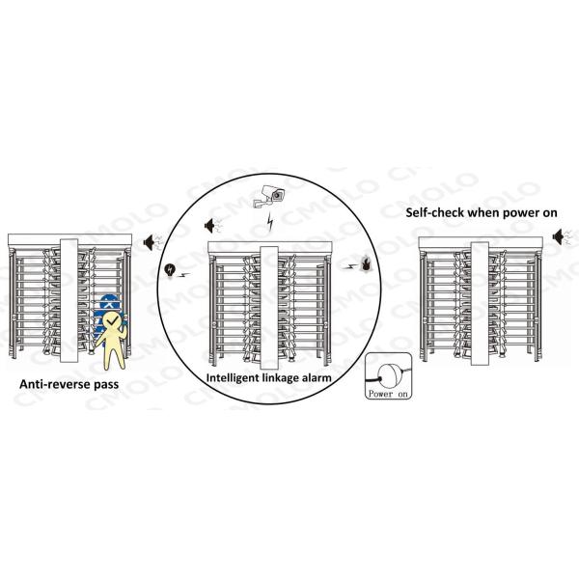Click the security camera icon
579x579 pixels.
point(270,195)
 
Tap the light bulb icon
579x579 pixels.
point(171,270)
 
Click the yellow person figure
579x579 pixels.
point(115,338)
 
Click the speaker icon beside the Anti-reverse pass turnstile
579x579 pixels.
point(152,242)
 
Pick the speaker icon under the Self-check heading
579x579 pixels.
point(563,236)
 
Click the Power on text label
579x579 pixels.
point(389,394)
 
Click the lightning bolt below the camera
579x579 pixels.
point(269,225)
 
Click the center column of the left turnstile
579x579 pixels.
point(68,298)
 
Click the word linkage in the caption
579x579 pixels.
point(278,378)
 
